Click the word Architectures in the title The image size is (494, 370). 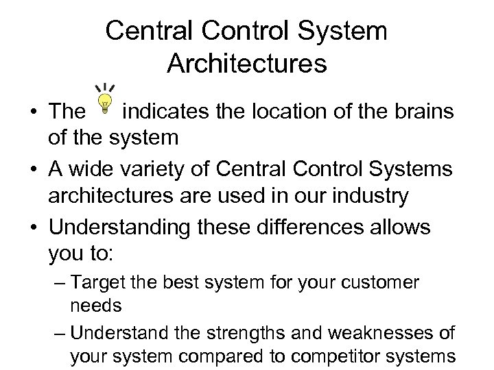246,64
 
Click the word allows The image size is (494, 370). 398,227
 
